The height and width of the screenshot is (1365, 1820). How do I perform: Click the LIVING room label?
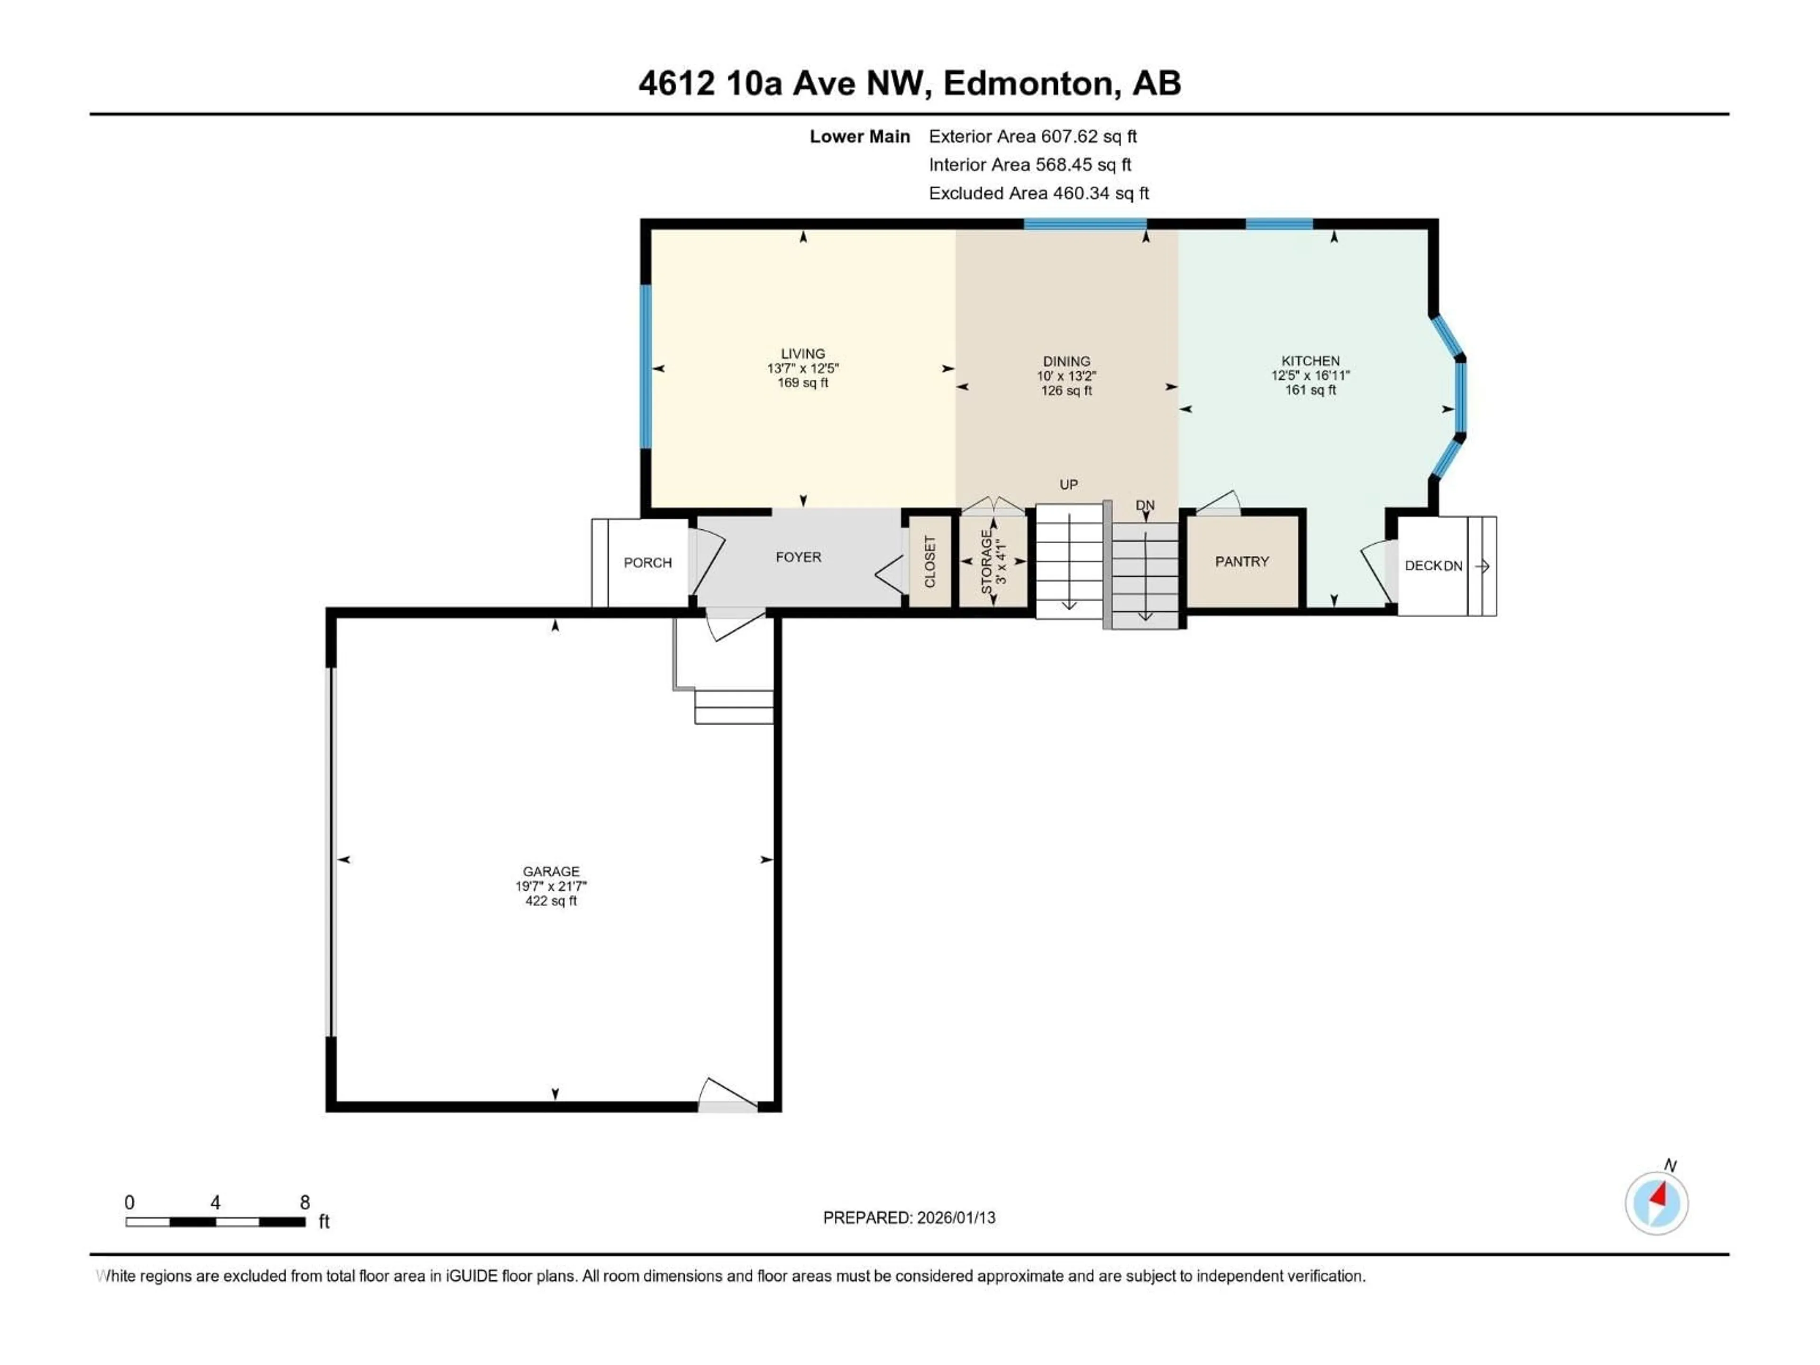pos(802,354)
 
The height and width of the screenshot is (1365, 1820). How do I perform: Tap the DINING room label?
pos(1066,361)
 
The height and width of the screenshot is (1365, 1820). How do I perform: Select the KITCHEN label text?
pos(1310,360)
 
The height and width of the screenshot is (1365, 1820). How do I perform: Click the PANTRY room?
pos(1242,561)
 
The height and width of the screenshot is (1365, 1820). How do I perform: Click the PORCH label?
pos(647,563)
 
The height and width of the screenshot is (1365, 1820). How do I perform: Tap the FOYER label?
pos(798,557)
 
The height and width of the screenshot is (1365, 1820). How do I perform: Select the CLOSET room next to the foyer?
pos(930,561)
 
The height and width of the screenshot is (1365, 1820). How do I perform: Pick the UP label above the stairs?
pos(1068,484)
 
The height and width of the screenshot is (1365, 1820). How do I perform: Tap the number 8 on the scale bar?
pos(304,1202)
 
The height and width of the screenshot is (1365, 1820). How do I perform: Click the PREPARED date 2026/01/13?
pos(909,1218)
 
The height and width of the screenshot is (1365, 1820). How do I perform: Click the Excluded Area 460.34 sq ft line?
pos(1038,193)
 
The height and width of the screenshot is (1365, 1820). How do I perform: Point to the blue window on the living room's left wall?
pos(646,367)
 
